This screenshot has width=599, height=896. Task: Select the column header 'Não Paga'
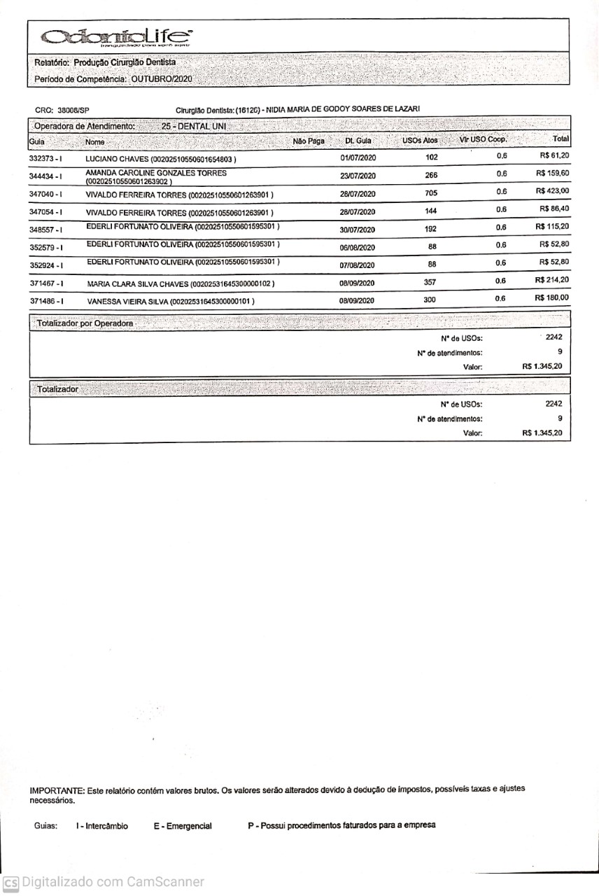tap(309, 141)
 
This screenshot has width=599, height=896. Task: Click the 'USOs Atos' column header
tap(420, 141)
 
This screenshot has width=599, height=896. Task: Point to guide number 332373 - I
tap(46, 158)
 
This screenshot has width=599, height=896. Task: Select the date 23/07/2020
tap(358, 176)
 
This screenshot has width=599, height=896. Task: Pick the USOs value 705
tap(431, 192)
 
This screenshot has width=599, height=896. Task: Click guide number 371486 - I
tap(48, 300)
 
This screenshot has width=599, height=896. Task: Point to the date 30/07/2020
tap(358, 230)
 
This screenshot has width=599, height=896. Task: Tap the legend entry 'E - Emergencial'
tap(183, 826)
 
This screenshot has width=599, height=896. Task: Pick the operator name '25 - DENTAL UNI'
tap(190, 126)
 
